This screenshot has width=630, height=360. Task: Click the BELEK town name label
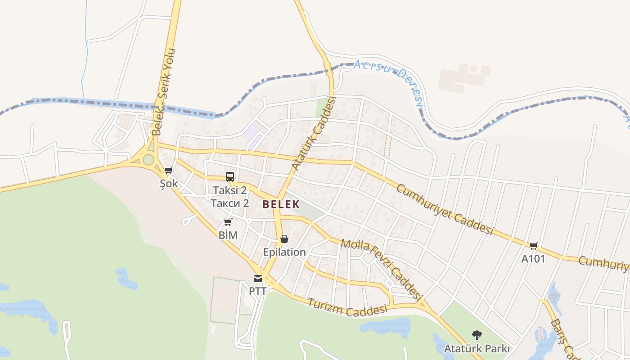coord(281,204)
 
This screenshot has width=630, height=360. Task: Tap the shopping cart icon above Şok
coord(169,171)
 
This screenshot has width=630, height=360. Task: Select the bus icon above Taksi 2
coord(230,177)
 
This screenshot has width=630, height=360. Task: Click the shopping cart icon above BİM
coord(228,222)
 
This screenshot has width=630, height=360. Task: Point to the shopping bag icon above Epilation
coord(284,239)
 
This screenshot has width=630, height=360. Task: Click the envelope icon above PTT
coord(257,279)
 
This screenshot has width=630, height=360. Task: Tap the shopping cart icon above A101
coord(533,246)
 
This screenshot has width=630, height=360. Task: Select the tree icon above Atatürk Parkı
coord(477,335)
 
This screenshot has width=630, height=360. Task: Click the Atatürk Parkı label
coord(477,349)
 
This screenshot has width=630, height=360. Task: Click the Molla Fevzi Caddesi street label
coord(382,270)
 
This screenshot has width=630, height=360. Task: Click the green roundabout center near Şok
coord(148,159)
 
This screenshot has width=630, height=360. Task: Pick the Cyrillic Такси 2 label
coord(230,203)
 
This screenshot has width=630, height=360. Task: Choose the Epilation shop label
coord(284,252)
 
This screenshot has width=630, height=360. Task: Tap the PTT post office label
coord(257,291)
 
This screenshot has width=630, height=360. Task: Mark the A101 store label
coord(533,259)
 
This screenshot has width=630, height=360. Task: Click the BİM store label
coord(228,235)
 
